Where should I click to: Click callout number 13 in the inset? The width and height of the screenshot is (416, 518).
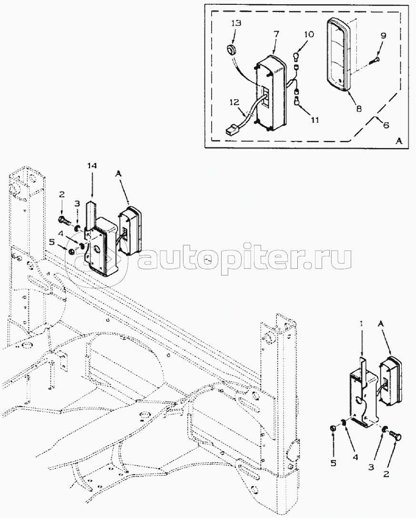point(236,23)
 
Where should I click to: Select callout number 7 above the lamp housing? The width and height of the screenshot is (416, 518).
point(276,34)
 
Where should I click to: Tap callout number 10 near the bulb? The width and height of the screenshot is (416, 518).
point(309,35)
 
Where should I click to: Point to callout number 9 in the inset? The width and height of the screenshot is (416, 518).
point(383,36)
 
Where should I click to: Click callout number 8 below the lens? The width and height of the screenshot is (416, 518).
point(359,108)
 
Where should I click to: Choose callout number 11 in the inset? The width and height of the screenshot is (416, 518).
point(315,120)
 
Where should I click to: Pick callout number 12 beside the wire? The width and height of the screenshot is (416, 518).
point(234,102)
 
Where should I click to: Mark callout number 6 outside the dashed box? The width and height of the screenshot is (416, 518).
point(386,125)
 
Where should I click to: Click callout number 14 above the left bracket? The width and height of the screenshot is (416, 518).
point(92,166)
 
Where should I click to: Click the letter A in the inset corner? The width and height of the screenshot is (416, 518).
point(399,141)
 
